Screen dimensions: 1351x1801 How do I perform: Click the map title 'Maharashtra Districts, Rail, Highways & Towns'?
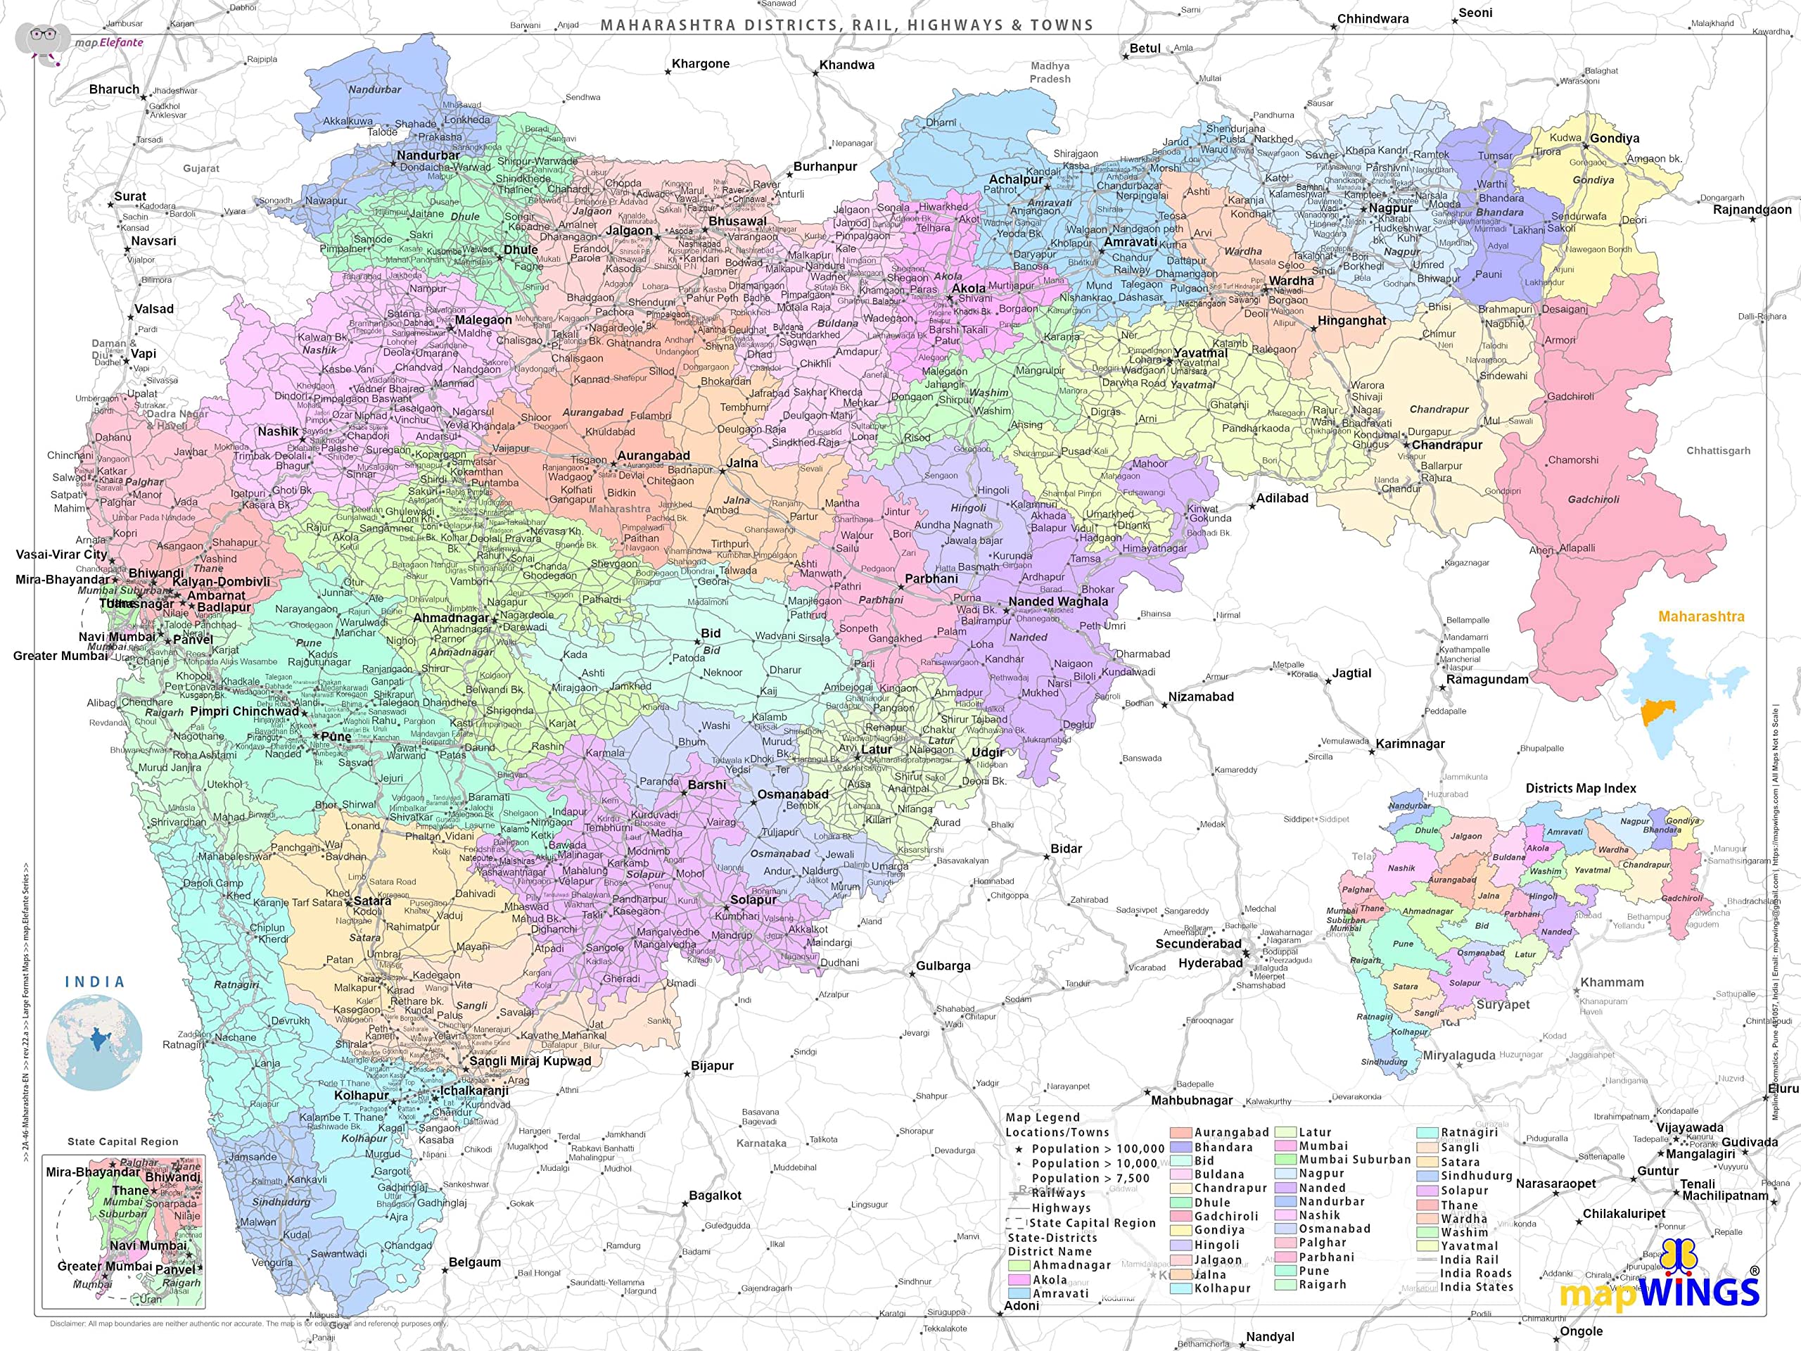[x=847, y=25]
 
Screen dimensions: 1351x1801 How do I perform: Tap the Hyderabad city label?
[x=1210, y=963]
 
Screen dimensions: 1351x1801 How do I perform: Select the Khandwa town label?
[x=847, y=65]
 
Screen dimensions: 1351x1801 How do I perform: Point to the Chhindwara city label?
[x=1373, y=19]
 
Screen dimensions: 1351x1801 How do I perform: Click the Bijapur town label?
[x=712, y=1066]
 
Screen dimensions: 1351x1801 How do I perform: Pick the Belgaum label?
[x=475, y=1262]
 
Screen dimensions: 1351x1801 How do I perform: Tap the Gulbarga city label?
[x=943, y=966]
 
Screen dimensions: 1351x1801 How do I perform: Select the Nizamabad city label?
[x=1201, y=697]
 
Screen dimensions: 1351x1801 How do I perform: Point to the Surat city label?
[x=130, y=196]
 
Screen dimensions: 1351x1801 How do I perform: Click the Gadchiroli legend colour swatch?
[x=1181, y=1217]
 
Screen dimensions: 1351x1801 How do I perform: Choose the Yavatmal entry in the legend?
[x=1469, y=1246]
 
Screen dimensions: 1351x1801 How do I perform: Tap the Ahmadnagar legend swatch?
[x=1019, y=1265]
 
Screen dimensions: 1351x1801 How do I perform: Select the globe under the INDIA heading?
[x=94, y=1042]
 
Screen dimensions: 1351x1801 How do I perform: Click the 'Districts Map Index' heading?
[x=1580, y=788]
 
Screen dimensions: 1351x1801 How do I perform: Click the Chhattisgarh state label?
[x=1718, y=450]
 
